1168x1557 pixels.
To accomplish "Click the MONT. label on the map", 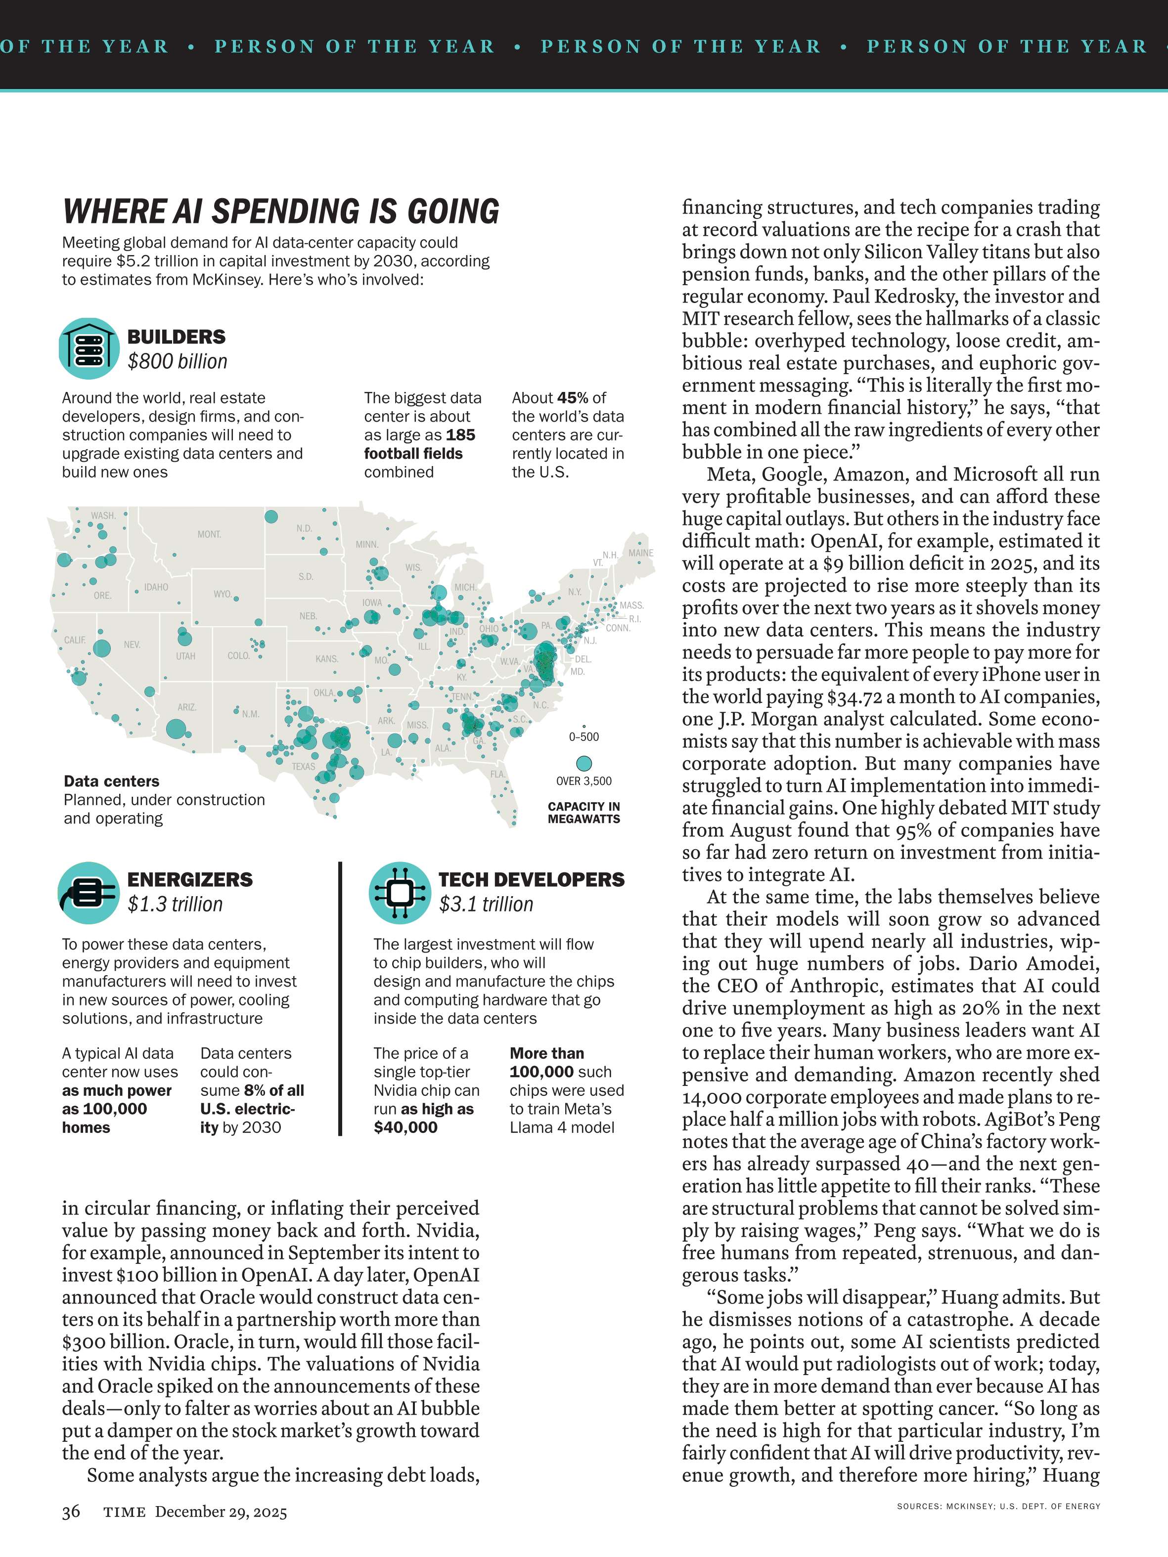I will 209,534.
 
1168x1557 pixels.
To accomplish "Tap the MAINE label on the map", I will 641,553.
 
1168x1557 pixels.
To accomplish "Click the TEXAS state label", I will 304,767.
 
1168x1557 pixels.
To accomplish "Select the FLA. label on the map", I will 498,774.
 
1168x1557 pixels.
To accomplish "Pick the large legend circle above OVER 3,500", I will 584,764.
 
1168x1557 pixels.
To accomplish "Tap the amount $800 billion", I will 178,362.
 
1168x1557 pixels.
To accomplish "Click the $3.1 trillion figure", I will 486,905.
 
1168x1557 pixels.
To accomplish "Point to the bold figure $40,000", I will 405,1127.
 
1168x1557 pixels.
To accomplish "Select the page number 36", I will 71,1511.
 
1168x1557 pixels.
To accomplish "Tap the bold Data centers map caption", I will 111,781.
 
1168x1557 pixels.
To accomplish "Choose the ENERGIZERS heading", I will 189,880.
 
